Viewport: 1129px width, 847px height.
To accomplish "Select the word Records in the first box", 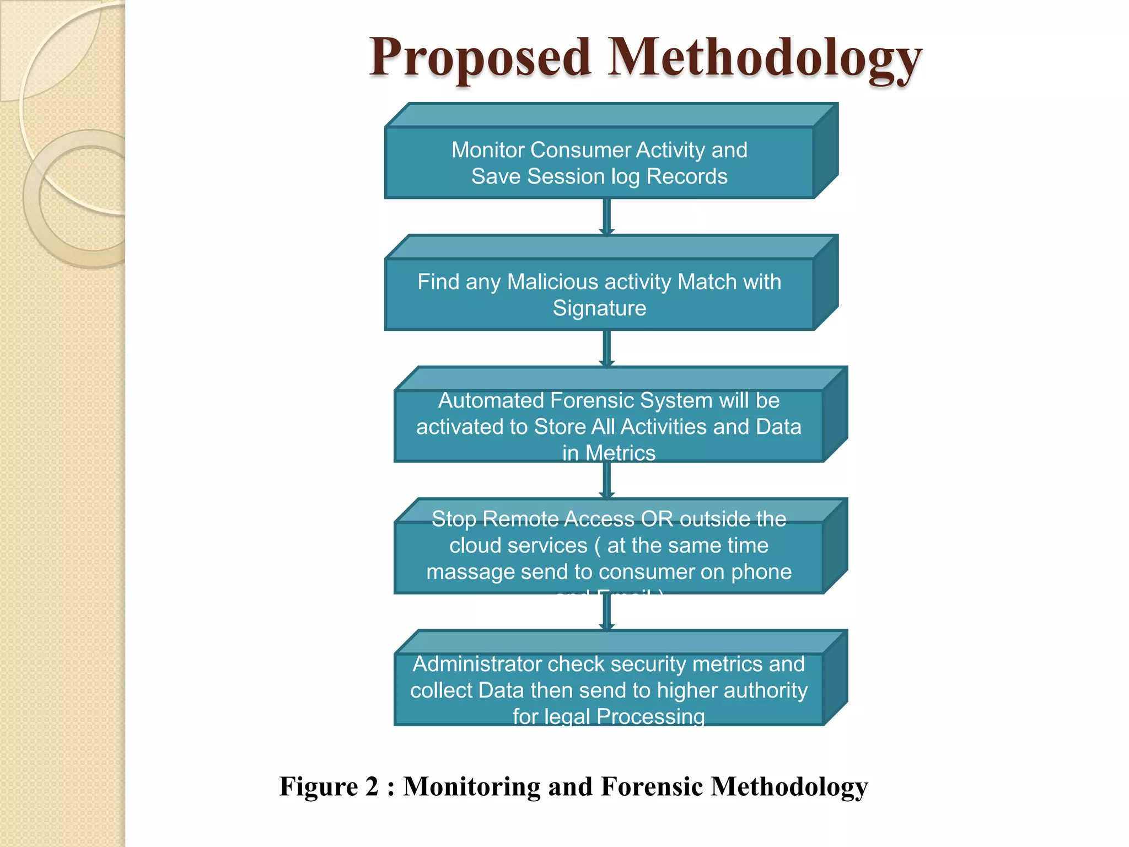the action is (686, 176).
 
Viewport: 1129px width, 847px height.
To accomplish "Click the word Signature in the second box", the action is (599, 308).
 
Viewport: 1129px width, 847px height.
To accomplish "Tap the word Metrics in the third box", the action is (620, 453).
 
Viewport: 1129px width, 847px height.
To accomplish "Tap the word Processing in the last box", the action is (650, 716).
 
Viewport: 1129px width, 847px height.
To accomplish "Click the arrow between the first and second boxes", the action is (607, 217).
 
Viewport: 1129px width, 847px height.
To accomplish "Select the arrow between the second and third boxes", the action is (607, 349).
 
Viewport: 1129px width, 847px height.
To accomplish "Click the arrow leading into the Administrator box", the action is (607, 612).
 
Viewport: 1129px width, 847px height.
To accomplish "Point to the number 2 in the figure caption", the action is (372, 786).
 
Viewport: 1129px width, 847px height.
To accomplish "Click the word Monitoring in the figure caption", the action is (472, 786).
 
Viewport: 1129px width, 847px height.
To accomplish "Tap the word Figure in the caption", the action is (319, 786).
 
